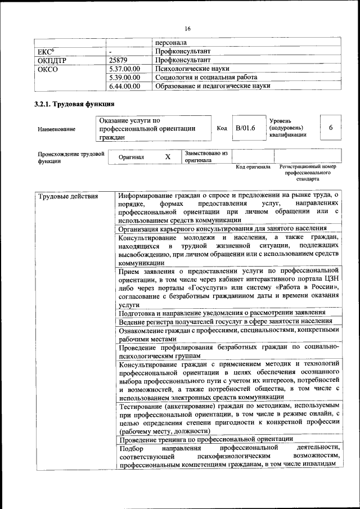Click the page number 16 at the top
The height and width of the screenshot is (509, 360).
pyautogui.click(x=187, y=29)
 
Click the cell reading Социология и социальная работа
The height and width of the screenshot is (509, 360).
pyautogui.click(x=206, y=77)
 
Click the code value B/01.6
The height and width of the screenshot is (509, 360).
pyautogui.click(x=245, y=128)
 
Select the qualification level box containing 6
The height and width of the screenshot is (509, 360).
pyautogui.click(x=331, y=128)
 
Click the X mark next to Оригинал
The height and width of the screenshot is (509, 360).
pyautogui.click(x=168, y=157)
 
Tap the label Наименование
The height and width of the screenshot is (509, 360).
pyautogui.click(x=56, y=129)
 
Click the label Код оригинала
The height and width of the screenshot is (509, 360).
pyautogui.click(x=253, y=167)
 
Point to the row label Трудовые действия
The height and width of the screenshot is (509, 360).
pyautogui.click(x=68, y=196)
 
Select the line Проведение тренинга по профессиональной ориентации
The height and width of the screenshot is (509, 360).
pyautogui.click(x=206, y=439)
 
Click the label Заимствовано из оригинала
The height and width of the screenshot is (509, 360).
pyautogui.click(x=206, y=156)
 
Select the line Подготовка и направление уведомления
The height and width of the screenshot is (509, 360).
pyautogui.click(x=222, y=312)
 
